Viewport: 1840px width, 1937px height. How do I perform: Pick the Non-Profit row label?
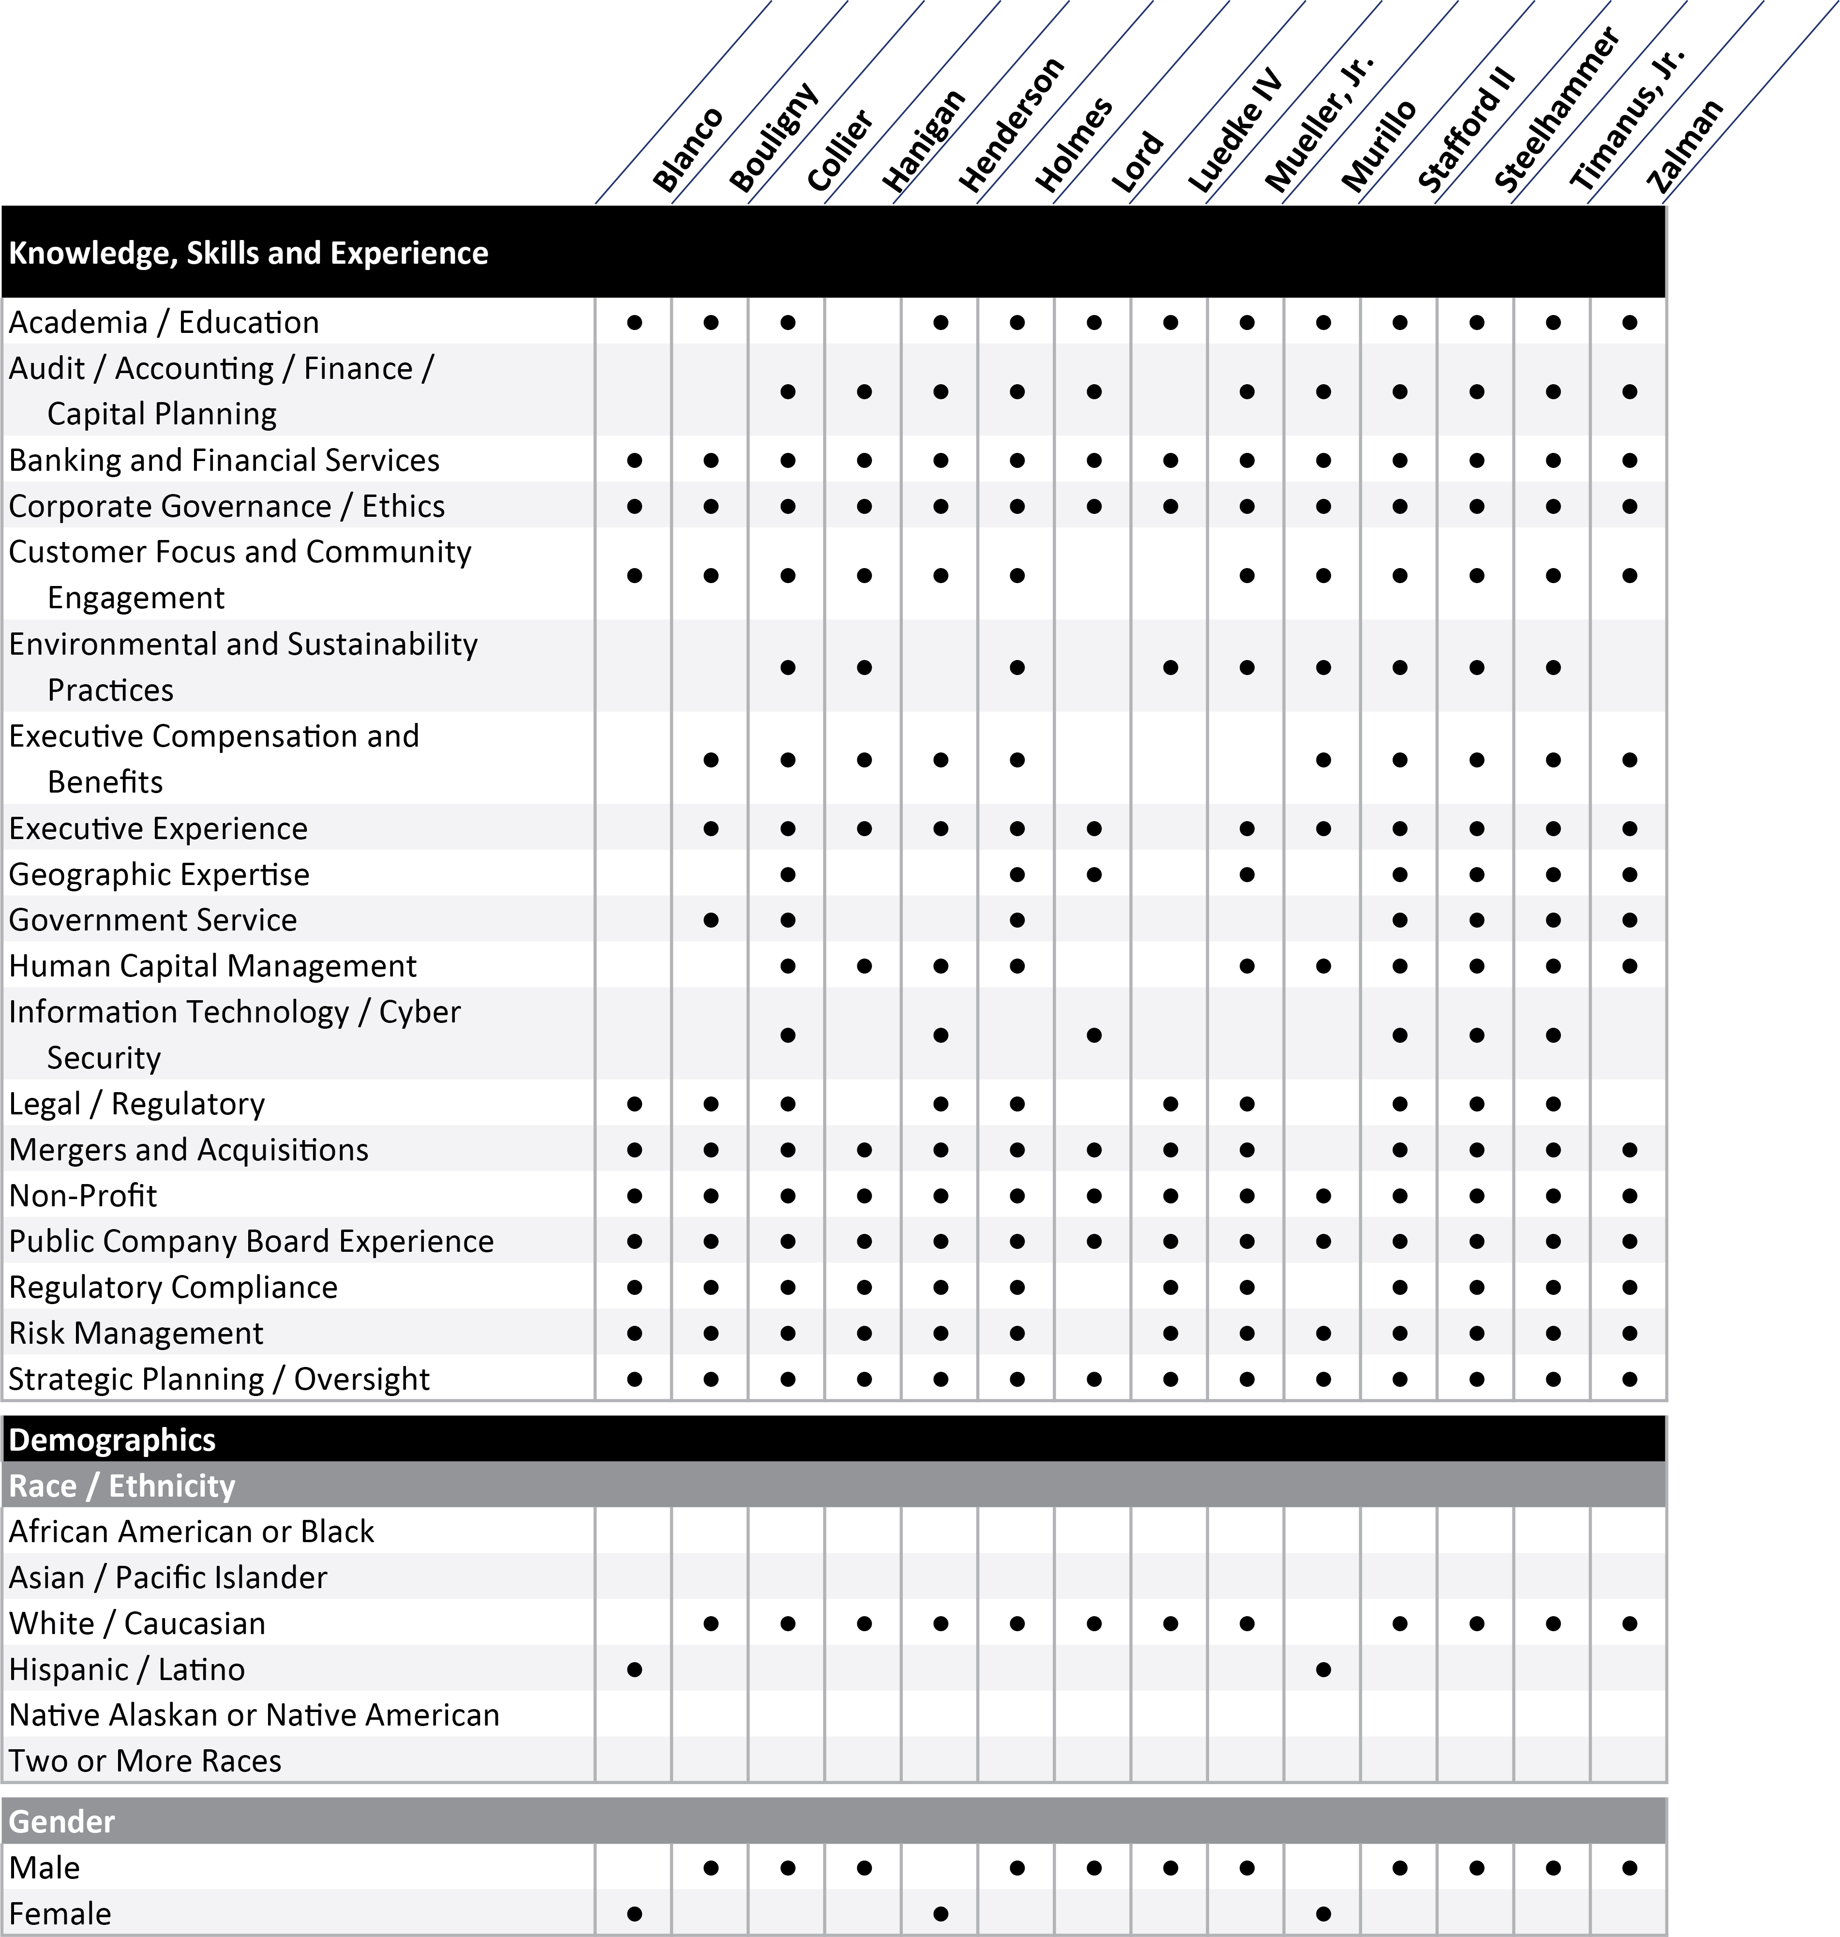click(83, 1196)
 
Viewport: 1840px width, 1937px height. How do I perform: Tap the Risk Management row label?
click(136, 1333)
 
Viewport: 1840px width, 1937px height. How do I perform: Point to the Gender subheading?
click(62, 1821)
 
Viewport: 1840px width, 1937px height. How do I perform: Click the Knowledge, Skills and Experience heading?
click(248, 253)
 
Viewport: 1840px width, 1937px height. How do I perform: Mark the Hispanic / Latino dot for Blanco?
click(635, 1669)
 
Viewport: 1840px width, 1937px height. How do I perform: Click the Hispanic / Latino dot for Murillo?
click(1323, 1669)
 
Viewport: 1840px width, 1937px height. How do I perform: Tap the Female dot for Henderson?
click(941, 1913)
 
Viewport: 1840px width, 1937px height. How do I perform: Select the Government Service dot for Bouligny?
click(711, 920)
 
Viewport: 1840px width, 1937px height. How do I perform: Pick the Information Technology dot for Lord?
click(1093, 1035)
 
